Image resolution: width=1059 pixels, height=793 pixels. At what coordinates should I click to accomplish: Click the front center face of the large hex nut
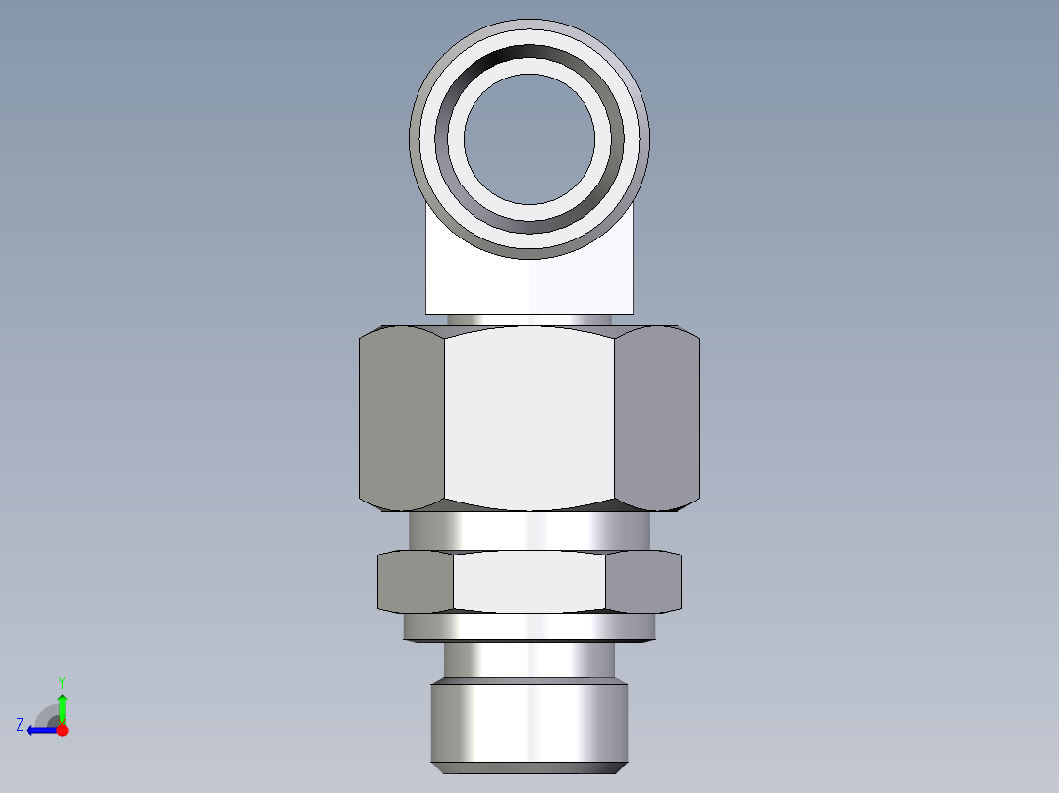(x=529, y=417)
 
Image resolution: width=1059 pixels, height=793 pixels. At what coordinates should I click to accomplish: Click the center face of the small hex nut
(x=529, y=581)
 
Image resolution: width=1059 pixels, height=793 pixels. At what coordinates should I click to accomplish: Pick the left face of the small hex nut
(x=416, y=581)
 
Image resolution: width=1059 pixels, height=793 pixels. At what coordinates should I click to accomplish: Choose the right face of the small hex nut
(x=642, y=581)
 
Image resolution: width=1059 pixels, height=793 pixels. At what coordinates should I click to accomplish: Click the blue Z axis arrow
(x=39, y=730)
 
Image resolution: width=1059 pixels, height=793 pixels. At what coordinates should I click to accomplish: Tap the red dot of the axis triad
(x=62, y=730)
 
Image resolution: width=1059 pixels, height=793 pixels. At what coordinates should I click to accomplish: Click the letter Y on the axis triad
(x=61, y=681)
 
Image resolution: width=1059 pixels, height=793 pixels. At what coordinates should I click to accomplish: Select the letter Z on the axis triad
(x=20, y=725)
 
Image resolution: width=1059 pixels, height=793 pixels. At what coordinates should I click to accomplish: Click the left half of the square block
(x=476, y=285)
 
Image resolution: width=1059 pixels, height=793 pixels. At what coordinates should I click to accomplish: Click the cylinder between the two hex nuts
(x=529, y=530)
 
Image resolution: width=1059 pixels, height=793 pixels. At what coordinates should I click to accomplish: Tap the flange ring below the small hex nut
(x=529, y=627)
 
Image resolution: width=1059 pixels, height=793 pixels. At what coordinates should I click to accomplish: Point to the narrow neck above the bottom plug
(x=529, y=661)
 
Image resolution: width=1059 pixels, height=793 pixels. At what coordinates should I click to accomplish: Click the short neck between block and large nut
(x=529, y=320)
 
